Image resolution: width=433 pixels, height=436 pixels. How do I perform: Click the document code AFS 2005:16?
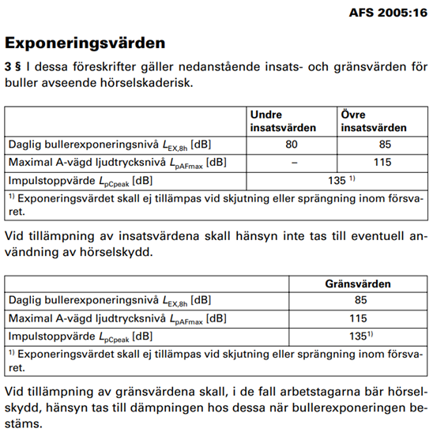point(387,13)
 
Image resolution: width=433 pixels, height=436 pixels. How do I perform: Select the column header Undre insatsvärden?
point(283,121)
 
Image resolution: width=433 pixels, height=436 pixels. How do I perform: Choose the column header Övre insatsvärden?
point(373,121)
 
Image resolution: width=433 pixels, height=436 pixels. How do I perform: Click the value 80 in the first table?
point(293,145)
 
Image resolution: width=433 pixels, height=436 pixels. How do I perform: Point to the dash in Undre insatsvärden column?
point(293,163)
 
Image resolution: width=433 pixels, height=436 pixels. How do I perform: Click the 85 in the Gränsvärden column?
point(360,300)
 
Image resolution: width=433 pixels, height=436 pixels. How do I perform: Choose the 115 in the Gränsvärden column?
point(360,318)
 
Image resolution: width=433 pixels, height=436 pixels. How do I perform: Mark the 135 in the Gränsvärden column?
point(359,336)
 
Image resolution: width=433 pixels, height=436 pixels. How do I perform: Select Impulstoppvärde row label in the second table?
point(46,336)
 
